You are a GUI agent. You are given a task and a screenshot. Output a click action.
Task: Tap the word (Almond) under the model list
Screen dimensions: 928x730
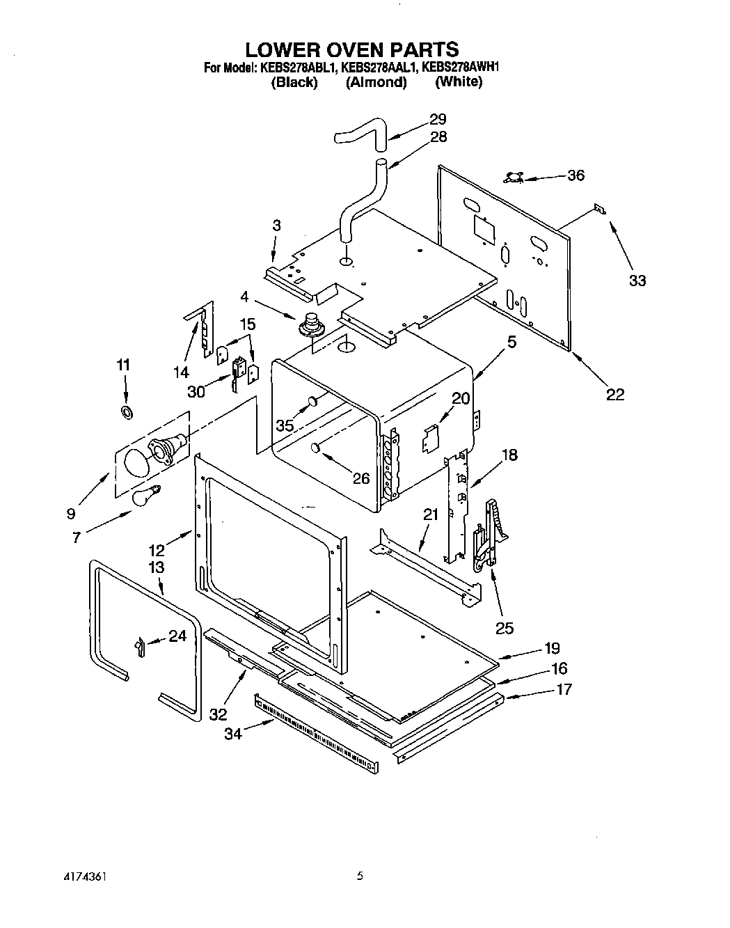(376, 82)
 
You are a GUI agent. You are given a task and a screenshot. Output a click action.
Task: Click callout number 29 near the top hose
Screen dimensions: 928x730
(438, 119)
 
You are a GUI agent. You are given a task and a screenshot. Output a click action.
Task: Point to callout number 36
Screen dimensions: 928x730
(576, 175)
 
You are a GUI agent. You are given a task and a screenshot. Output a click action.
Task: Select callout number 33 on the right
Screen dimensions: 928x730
(637, 281)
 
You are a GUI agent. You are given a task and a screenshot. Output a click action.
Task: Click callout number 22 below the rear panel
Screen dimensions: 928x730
(615, 395)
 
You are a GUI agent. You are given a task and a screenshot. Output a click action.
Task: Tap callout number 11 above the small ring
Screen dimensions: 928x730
(123, 365)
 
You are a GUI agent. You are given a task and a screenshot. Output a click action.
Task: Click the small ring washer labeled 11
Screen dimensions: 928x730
(127, 413)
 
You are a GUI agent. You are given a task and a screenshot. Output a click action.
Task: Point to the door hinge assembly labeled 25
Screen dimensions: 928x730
(488, 536)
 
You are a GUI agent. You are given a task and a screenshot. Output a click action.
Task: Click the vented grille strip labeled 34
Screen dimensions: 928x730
(317, 731)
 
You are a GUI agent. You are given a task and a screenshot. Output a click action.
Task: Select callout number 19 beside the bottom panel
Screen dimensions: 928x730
(552, 648)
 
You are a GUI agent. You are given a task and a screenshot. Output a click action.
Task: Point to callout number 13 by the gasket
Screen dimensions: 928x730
(157, 567)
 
